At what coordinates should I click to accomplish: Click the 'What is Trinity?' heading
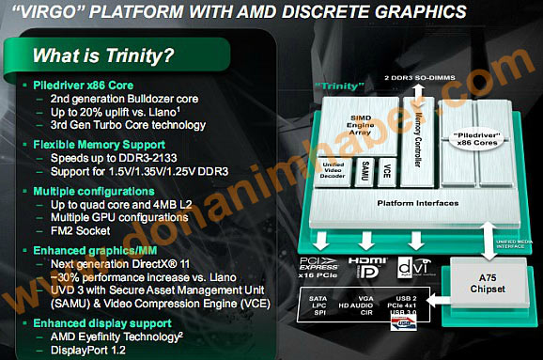(102, 55)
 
